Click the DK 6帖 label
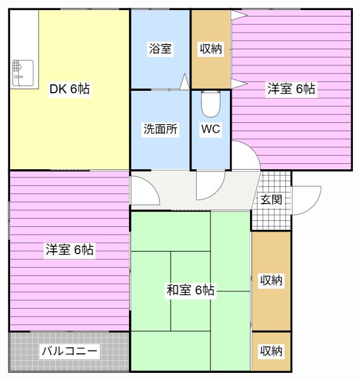tap(70, 89)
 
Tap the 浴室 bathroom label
tap(160, 49)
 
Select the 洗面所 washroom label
tap(160, 129)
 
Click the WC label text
tap(211, 129)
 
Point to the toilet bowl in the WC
tap(211, 104)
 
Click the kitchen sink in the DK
tap(23, 73)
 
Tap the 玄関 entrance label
tap(271, 199)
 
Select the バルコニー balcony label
tap(70, 351)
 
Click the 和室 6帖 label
tap(191, 290)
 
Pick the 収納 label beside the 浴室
tap(211, 49)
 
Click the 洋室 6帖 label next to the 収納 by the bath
tap(291, 88)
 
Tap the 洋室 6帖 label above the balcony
tap(70, 249)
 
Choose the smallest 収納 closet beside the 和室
tap(271, 351)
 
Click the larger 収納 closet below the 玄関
tap(271, 281)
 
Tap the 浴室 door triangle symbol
tap(185, 81)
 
